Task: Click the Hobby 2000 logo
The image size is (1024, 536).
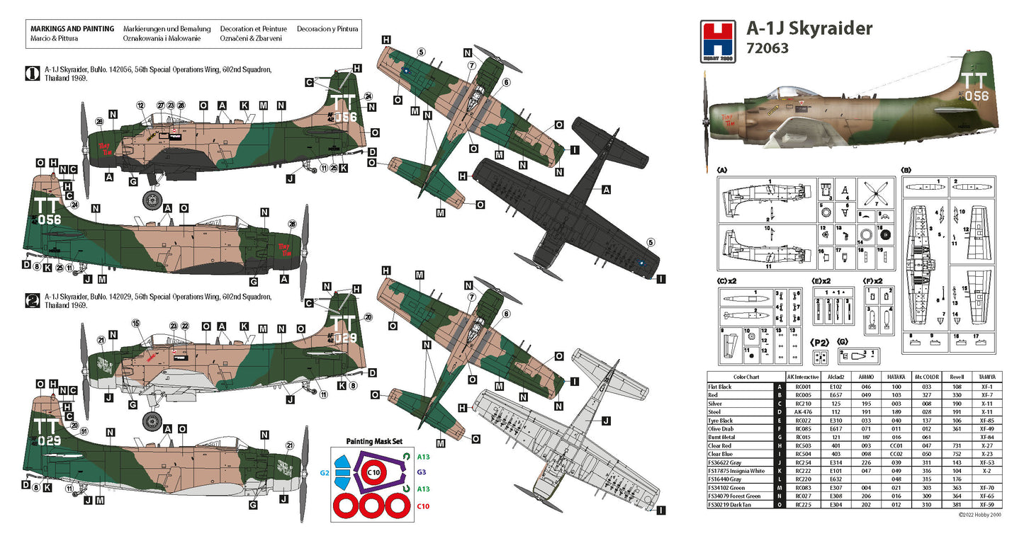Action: coord(716,40)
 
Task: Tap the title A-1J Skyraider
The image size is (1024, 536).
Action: coord(809,28)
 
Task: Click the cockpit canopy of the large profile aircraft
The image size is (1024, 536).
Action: coord(787,93)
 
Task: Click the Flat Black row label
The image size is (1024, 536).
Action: coord(721,387)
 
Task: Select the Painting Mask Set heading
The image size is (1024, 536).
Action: coord(376,441)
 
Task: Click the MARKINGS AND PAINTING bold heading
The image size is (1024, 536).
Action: coord(72,29)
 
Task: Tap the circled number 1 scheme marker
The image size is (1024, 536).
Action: coord(31,73)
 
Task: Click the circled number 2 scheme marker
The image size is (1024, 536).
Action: coord(31,300)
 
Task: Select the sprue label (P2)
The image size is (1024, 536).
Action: coord(820,342)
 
